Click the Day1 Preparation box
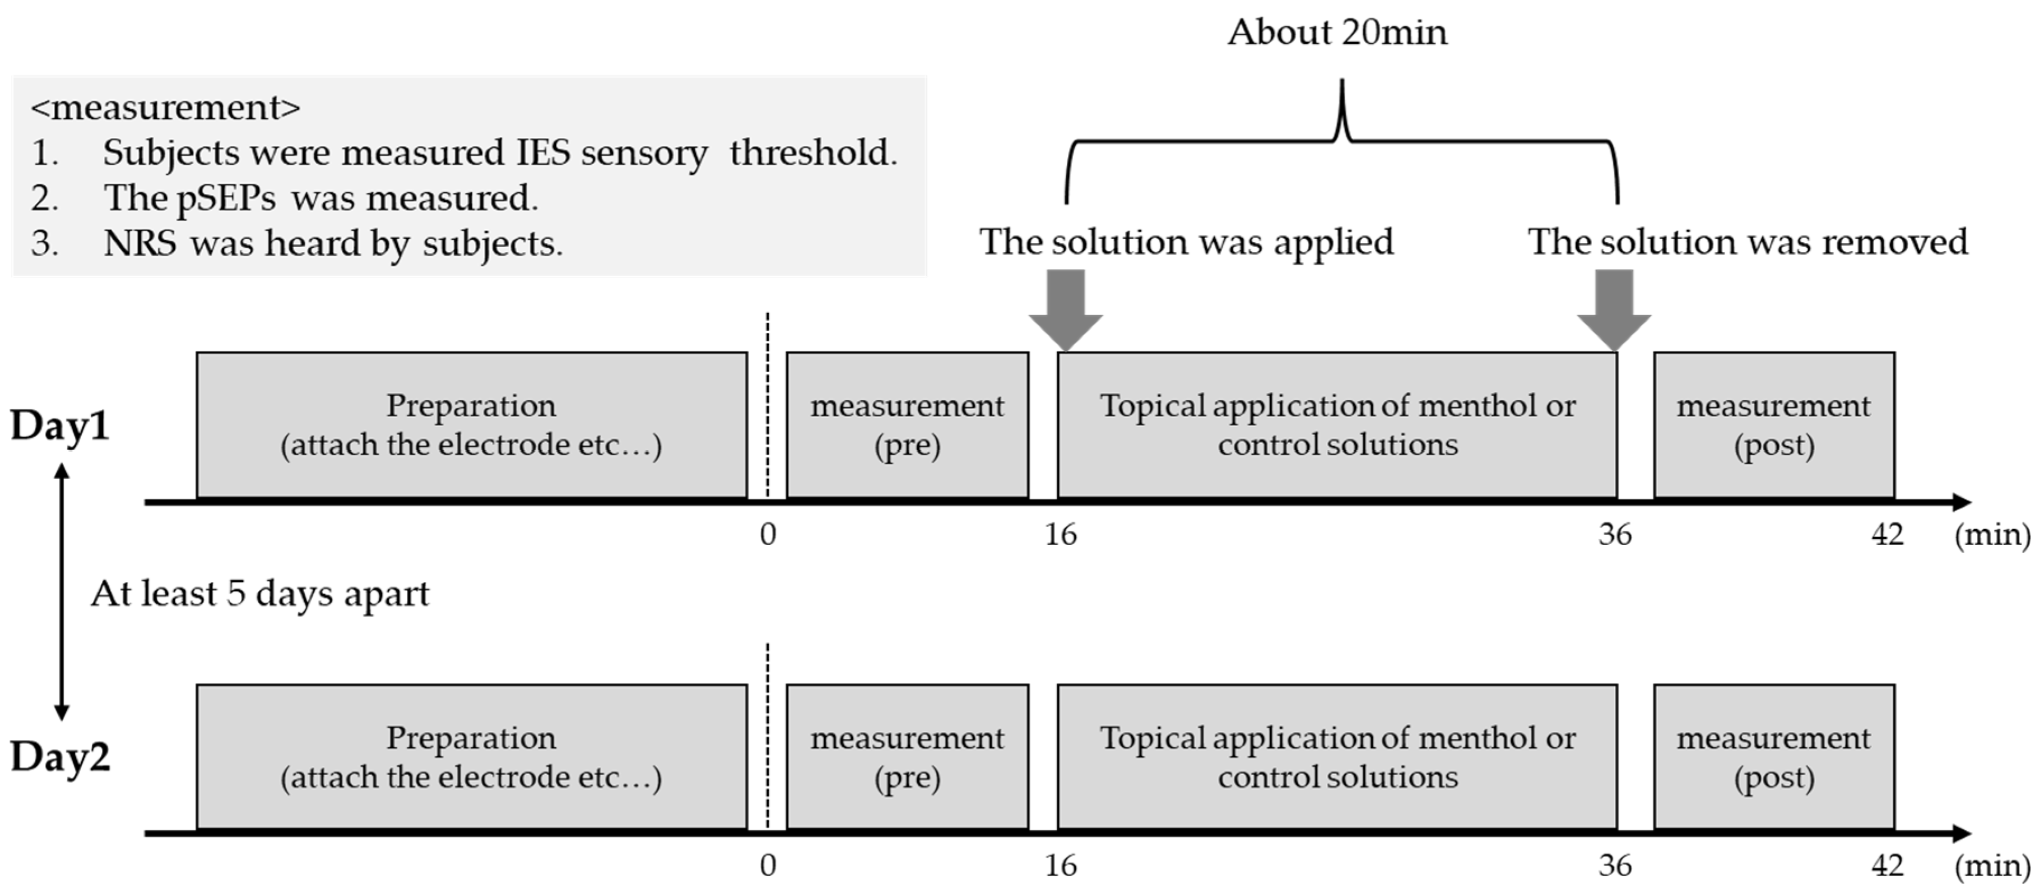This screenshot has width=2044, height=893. pos(471,425)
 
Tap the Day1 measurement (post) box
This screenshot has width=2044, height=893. pos(1773,425)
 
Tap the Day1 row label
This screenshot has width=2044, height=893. pos(59,425)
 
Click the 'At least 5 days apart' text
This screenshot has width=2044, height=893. pos(259,594)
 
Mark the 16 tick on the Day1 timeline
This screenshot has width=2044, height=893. pos(1060,534)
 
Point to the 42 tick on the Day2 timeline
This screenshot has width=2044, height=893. pos(1887,865)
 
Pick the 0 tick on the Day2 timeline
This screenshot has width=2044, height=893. pos(767,865)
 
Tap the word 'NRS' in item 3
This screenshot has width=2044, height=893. pos(140,243)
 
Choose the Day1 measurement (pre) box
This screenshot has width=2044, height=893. pos(907,425)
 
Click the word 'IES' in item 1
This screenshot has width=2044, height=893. pos(543,152)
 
